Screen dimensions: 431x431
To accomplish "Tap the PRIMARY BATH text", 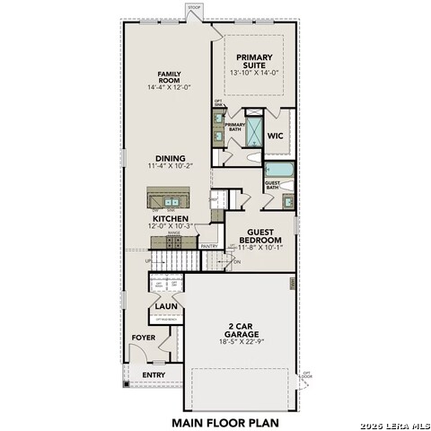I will (x=233, y=128).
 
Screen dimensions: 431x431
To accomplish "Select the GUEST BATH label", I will (x=273, y=188).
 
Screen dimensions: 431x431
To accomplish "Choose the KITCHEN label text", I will (x=169, y=218).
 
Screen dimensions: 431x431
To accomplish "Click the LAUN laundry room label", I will (x=164, y=306).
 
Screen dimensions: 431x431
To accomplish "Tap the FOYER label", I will (x=144, y=338).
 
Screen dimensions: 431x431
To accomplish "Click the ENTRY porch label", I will (x=154, y=374).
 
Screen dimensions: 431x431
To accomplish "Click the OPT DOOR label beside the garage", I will (x=306, y=374).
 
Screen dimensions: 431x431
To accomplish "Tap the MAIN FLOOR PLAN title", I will (x=224, y=420).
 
